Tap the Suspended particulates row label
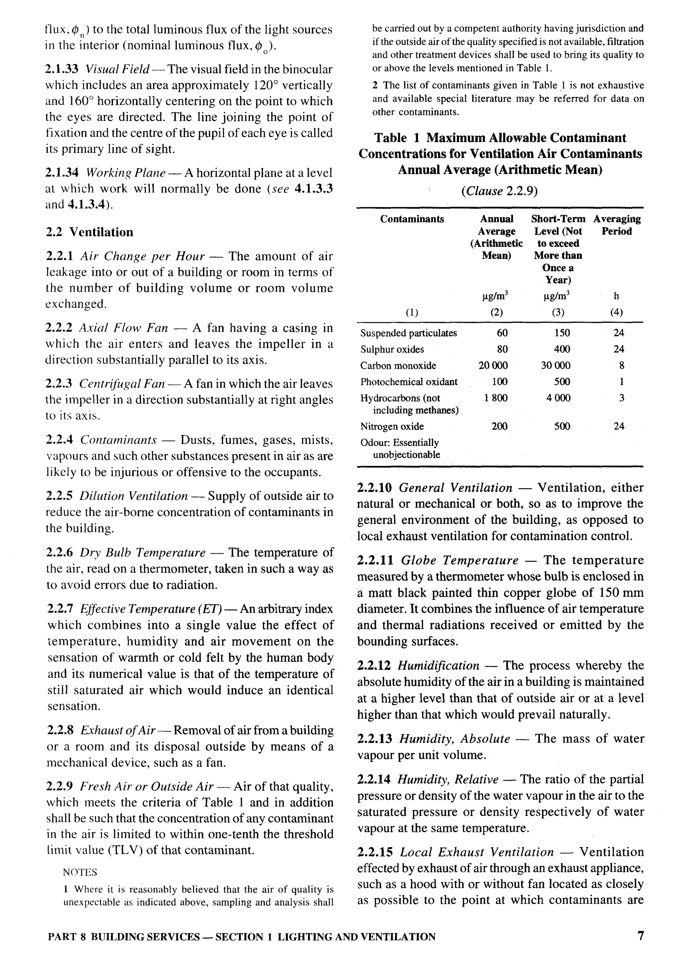408,333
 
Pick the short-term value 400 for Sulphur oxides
562,349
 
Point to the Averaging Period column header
617,225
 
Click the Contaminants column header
412,219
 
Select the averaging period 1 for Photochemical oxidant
621,382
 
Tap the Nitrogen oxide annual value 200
499,426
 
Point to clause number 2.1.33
63,69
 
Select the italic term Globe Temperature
460,560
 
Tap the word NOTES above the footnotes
80,872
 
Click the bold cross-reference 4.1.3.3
313,189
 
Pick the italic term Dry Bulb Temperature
142,553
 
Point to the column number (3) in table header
558,312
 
